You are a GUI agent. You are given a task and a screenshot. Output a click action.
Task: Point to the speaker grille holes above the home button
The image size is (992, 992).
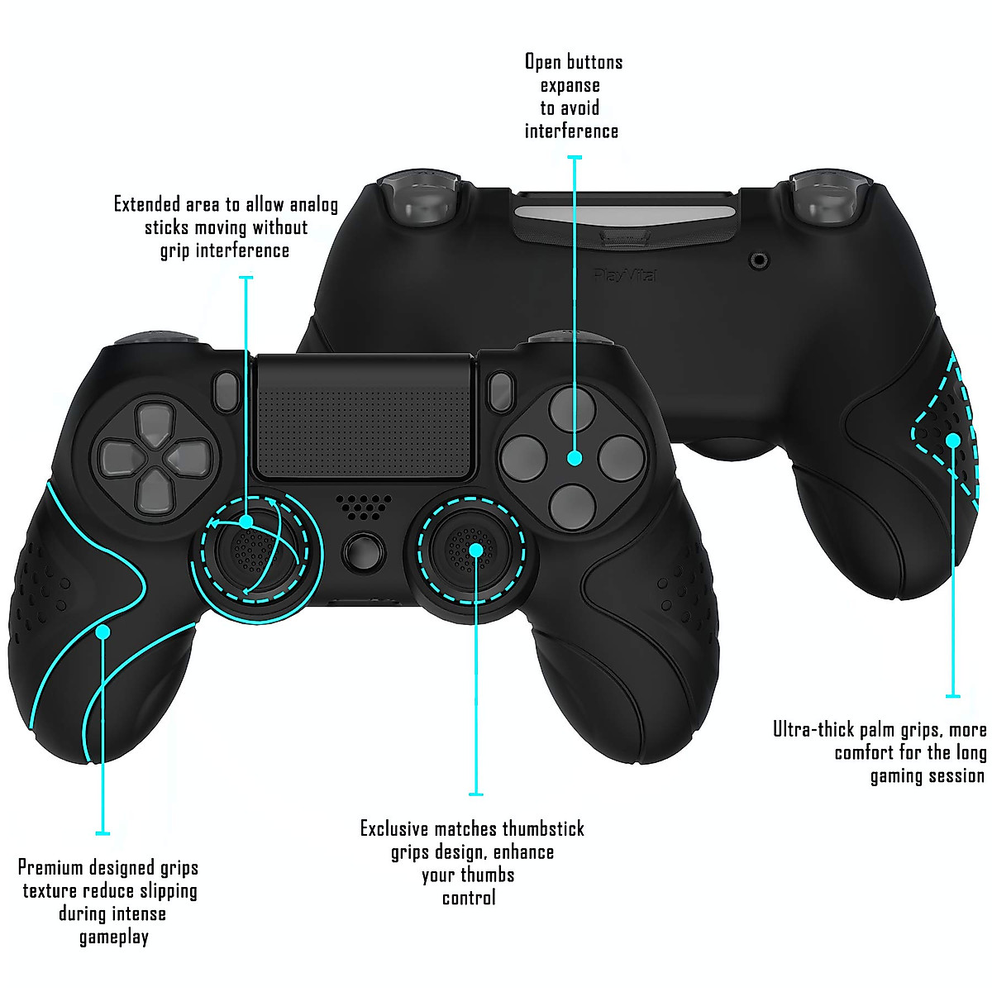click(x=364, y=506)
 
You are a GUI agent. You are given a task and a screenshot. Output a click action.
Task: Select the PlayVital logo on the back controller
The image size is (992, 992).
click(x=625, y=274)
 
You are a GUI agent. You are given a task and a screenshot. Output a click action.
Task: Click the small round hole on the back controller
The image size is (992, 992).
click(x=759, y=261)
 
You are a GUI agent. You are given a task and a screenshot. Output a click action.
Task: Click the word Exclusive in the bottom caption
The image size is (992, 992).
click(x=394, y=829)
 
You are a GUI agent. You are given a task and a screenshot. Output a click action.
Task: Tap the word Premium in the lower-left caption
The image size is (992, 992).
click(x=50, y=868)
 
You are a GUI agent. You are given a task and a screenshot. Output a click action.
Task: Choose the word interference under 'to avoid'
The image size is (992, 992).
click(x=571, y=131)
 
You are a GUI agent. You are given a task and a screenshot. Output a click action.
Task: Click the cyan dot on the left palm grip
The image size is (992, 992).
click(x=103, y=632)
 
